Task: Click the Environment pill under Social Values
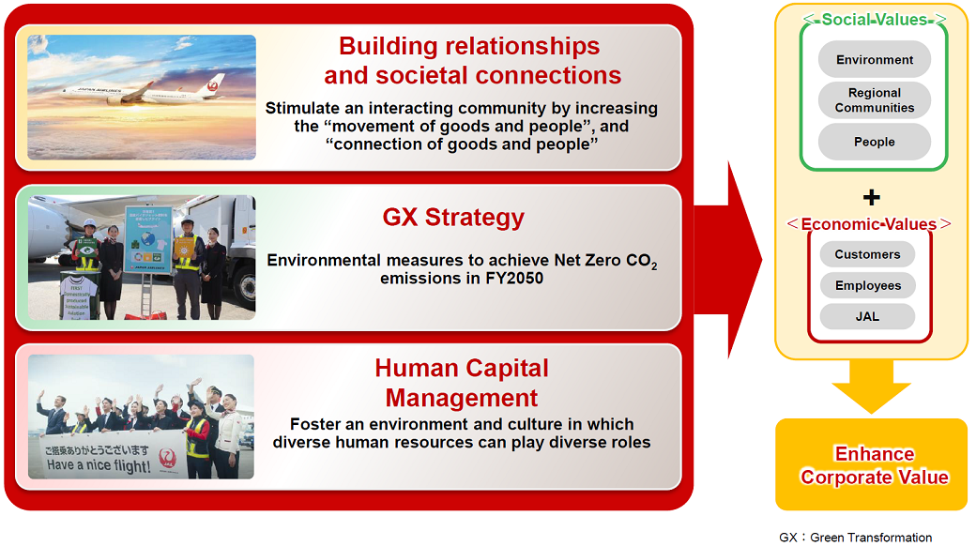875,60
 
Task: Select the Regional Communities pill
875,100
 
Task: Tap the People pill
875,142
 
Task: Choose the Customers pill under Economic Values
867,254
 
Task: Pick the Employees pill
867,285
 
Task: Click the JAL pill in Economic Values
867,316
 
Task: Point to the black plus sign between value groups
872,197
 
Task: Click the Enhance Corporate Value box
872,465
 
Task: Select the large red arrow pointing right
737,258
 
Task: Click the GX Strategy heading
453,218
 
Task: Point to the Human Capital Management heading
462,382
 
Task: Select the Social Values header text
872,20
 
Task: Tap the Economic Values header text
868,224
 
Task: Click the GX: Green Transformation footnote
856,538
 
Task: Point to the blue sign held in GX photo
148,239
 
